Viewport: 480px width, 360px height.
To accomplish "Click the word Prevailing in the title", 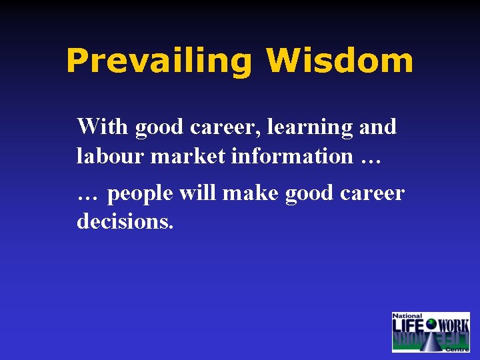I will [x=159, y=61].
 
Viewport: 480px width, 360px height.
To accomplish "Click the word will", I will [x=198, y=193].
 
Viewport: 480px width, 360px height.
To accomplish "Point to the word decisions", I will [x=125, y=221].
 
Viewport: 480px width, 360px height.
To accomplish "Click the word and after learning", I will [x=377, y=126].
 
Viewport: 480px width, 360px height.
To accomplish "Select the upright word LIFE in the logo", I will [x=409, y=326].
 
